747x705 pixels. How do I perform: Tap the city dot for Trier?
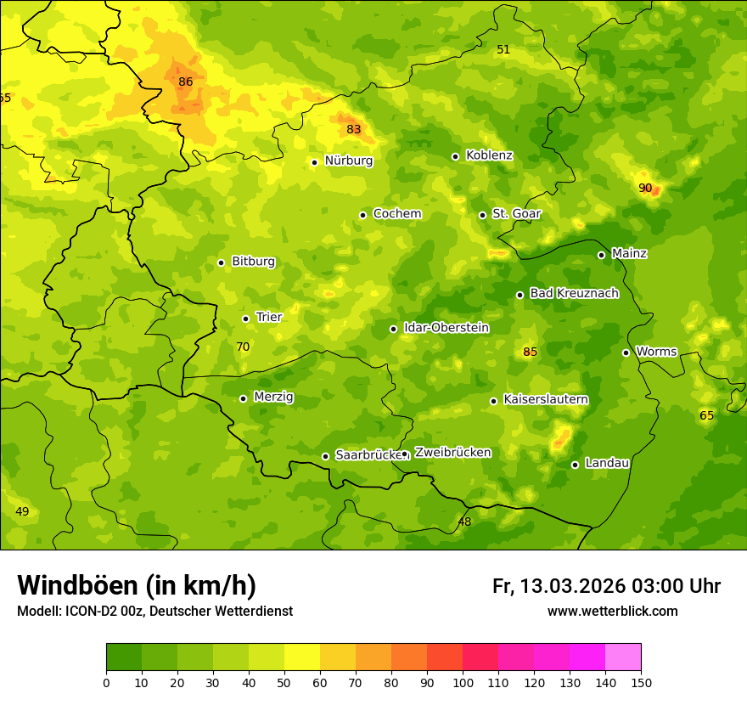(246, 319)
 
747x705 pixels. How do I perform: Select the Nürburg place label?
(348, 161)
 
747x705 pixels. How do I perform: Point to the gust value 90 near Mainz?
(645, 188)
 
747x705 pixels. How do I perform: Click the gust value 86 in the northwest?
(186, 82)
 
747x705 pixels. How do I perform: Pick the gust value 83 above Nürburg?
(354, 129)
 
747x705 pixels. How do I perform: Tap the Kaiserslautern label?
(546, 399)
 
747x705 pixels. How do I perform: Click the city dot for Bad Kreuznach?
(520, 295)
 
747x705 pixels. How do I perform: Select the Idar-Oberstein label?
(446, 327)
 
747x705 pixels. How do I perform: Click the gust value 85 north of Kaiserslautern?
(531, 352)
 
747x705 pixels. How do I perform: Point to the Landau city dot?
(576, 465)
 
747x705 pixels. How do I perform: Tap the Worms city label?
(656, 352)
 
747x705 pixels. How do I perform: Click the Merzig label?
(273, 397)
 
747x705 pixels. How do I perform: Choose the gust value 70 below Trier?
(243, 347)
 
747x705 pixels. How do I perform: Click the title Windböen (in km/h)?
(137, 585)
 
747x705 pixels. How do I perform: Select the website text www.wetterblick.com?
(612, 611)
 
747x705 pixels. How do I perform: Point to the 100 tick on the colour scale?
(463, 681)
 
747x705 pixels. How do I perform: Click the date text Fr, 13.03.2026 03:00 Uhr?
(606, 586)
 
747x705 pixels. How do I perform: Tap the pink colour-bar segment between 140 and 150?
(623, 657)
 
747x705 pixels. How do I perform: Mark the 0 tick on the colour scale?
(106, 681)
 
